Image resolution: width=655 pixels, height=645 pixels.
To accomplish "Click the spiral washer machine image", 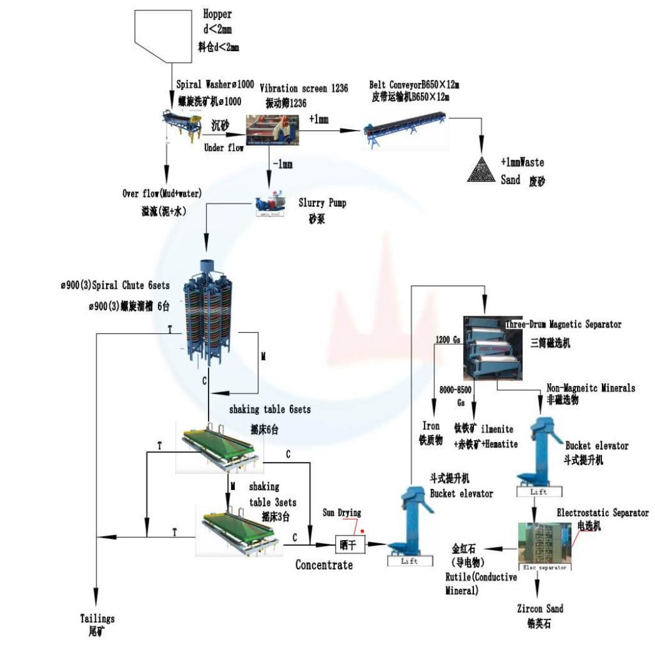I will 183,125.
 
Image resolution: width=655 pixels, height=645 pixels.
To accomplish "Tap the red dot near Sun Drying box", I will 363,530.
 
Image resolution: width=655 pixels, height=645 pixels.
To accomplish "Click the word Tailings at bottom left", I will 97,618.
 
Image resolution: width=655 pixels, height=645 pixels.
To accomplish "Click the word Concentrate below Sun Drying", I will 324,564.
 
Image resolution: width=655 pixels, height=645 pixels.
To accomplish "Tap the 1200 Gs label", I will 448,339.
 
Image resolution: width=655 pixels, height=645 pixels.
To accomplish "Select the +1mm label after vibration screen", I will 319,119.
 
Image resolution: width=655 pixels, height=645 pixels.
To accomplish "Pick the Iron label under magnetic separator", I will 430,426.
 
